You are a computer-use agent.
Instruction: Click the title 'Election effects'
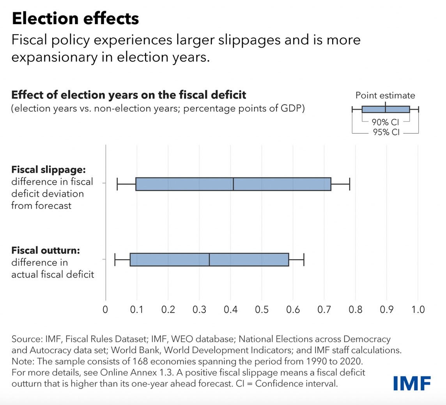(x=75, y=18)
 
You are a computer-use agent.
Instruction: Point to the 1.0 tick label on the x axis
(x=418, y=310)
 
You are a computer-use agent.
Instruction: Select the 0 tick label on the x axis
(x=105, y=310)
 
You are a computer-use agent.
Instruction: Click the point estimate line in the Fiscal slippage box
(x=233, y=184)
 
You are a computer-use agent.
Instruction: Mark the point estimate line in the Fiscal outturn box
(x=209, y=260)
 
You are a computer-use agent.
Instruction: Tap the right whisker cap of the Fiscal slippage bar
(x=349, y=184)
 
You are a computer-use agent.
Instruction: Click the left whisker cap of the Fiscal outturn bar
(x=115, y=260)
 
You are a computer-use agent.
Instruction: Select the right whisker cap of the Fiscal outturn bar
(x=304, y=260)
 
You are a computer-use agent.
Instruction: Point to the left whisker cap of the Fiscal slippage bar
(x=117, y=184)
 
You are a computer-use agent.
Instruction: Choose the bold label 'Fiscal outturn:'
(x=46, y=250)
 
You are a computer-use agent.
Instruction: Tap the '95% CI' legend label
(x=385, y=133)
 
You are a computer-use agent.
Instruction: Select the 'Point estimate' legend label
(x=385, y=96)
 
